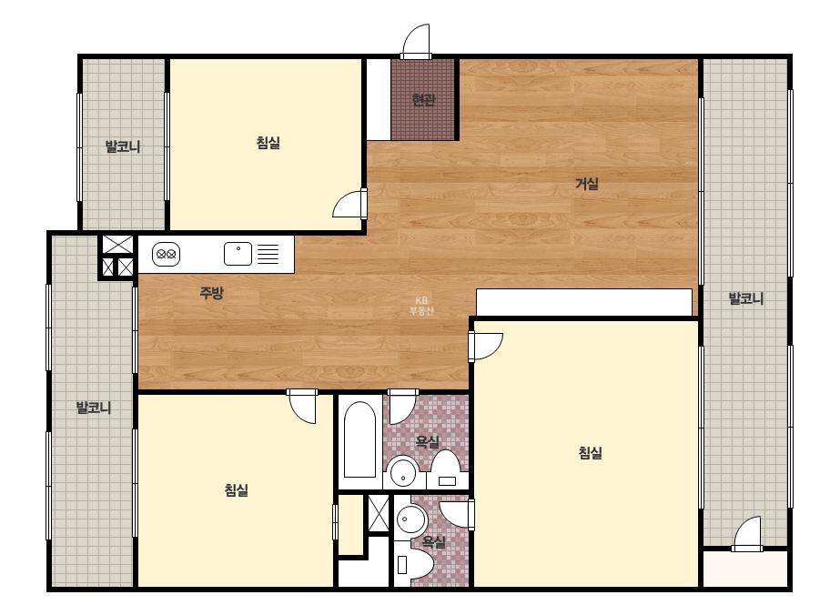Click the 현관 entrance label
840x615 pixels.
point(423,100)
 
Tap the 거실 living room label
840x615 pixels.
point(587,184)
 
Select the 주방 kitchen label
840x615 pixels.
point(211,293)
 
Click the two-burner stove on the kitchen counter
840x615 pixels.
point(166,255)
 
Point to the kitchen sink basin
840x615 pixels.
point(238,254)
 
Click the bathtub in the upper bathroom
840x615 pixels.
point(359,439)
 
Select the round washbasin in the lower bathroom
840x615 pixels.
point(410,519)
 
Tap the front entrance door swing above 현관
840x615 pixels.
point(416,41)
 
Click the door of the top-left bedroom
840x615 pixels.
point(349,204)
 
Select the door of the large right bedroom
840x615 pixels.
point(485,347)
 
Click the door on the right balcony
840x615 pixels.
point(747,534)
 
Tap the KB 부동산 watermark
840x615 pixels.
point(421,306)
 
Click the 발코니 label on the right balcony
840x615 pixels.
point(746,298)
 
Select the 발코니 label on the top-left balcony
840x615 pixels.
point(123,146)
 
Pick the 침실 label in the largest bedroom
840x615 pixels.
point(590,453)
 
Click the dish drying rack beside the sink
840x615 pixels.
point(268,254)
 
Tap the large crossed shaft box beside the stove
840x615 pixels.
point(118,245)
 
